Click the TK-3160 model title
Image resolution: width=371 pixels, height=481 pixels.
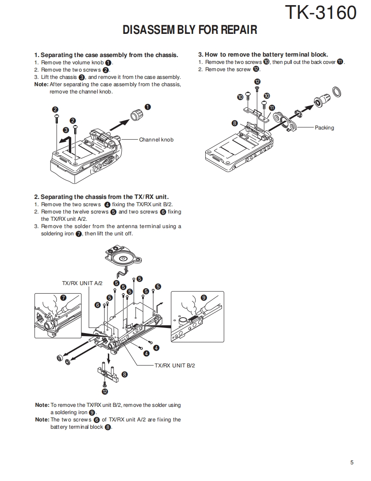[x=320, y=13]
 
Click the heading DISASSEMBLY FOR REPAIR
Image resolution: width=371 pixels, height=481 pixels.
[x=190, y=30]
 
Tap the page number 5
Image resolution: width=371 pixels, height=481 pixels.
[x=352, y=462]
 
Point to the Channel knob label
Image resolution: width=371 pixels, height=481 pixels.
[x=156, y=140]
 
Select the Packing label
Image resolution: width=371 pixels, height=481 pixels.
[x=324, y=128]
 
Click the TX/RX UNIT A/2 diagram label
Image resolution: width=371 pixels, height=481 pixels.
[x=82, y=283]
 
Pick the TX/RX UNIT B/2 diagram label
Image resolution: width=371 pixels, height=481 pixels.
[x=175, y=366]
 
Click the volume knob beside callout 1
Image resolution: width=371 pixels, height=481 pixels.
[x=136, y=115]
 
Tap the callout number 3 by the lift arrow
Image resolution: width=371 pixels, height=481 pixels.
[x=66, y=130]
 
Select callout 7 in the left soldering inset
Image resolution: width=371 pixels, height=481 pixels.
[x=63, y=298]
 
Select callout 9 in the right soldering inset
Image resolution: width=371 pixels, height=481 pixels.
[x=203, y=298]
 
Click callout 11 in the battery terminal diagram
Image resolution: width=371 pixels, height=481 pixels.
[x=272, y=108]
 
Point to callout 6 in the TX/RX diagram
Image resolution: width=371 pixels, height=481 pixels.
[x=98, y=305]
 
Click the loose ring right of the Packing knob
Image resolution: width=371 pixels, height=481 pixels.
[x=337, y=92]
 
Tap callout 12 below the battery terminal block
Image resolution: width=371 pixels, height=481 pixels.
[x=105, y=391]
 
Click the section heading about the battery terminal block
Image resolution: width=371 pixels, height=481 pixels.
[x=263, y=54]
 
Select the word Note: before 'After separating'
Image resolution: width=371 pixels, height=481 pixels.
[x=42, y=84]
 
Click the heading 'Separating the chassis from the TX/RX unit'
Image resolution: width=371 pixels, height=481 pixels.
[x=102, y=197]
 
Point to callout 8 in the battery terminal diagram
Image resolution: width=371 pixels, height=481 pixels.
[x=235, y=123]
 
